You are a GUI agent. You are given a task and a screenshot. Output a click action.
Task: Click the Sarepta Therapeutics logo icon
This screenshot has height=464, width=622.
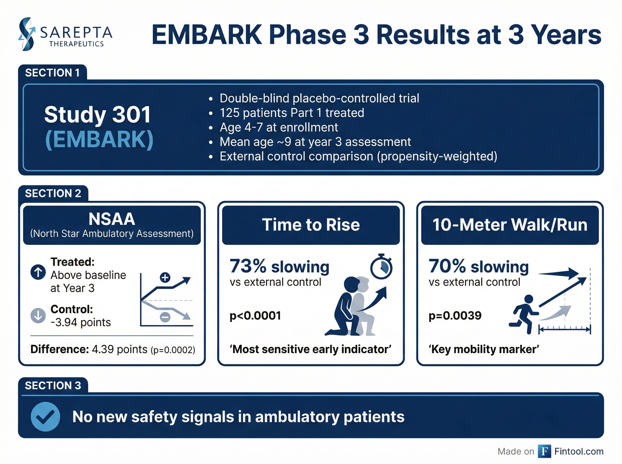click(27, 34)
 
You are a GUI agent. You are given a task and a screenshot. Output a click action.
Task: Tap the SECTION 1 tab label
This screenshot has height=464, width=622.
click(53, 73)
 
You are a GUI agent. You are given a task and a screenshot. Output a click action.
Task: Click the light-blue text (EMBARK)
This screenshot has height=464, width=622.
click(99, 139)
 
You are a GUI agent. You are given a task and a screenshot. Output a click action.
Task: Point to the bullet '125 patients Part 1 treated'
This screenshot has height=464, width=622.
click(292, 113)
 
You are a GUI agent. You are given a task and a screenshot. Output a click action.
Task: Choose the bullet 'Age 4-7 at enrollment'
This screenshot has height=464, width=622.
click(279, 127)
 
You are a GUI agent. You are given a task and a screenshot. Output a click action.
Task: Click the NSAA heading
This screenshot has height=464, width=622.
click(112, 219)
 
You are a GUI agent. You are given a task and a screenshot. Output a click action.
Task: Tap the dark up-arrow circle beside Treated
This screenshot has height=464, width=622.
click(38, 272)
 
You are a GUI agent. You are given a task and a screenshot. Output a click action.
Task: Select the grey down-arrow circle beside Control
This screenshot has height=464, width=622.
click(38, 315)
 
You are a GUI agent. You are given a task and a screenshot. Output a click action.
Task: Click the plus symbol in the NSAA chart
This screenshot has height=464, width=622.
click(165, 278)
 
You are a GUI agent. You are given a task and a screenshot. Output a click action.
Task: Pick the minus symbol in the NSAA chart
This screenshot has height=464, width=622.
click(165, 317)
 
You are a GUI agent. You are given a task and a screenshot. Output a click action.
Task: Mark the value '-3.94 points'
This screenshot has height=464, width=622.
click(81, 322)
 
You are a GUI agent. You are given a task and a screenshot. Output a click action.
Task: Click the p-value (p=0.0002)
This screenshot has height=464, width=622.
click(173, 350)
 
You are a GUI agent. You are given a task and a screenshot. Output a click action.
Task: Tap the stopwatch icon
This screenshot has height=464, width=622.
click(381, 266)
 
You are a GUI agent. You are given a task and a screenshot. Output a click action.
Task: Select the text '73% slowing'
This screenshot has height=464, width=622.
click(279, 266)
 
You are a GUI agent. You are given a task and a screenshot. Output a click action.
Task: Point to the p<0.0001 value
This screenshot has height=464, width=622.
click(255, 315)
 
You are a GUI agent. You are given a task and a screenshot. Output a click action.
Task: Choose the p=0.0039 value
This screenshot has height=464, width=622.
click(455, 315)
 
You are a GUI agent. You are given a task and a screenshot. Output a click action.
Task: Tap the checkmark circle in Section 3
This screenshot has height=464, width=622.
click(45, 417)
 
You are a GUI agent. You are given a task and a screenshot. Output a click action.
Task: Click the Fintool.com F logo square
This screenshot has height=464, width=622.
click(545, 451)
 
